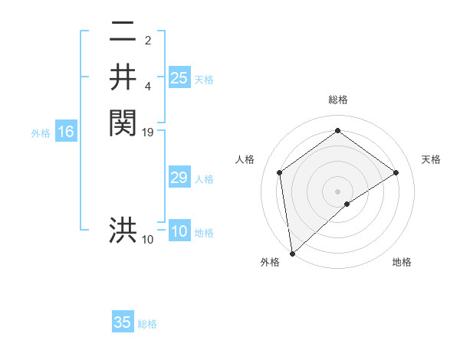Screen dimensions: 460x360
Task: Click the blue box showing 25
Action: point(179,78)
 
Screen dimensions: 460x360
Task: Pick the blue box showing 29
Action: point(179,178)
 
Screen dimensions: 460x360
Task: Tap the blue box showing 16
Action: point(66,133)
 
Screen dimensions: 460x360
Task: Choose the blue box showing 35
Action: point(123,322)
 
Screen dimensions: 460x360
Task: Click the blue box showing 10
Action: point(179,232)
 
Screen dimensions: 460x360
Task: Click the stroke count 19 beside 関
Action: point(148,133)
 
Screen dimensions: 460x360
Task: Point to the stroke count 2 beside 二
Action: point(148,41)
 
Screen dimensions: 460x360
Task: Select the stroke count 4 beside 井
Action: point(148,86)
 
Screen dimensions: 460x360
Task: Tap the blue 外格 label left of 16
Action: point(41,133)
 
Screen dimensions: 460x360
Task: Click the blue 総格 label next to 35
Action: point(147,324)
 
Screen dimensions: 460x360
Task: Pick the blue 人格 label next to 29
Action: point(204,179)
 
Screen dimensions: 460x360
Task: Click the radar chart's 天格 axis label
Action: point(431,159)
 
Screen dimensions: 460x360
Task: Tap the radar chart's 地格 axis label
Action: point(402,262)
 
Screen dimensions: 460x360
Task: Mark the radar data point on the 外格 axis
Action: point(292,253)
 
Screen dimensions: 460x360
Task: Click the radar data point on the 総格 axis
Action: point(337,131)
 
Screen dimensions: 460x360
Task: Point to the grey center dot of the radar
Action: point(337,191)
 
